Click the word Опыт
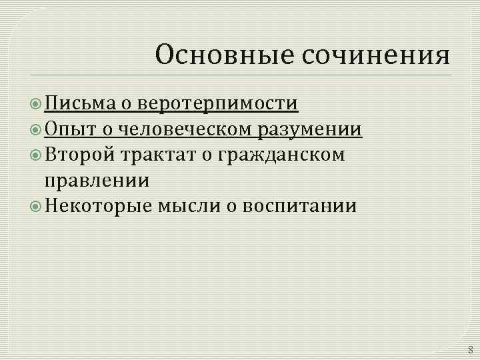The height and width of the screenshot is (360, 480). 69,129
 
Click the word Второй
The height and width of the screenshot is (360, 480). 80,155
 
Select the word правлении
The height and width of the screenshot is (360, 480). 96,180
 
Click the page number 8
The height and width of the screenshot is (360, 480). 470,349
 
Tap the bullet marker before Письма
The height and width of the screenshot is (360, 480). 37,104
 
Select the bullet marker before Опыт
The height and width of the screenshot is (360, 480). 37,129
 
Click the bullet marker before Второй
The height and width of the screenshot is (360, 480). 37,155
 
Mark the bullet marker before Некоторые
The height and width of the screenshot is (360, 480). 37,206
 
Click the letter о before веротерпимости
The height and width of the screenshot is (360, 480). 127,104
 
